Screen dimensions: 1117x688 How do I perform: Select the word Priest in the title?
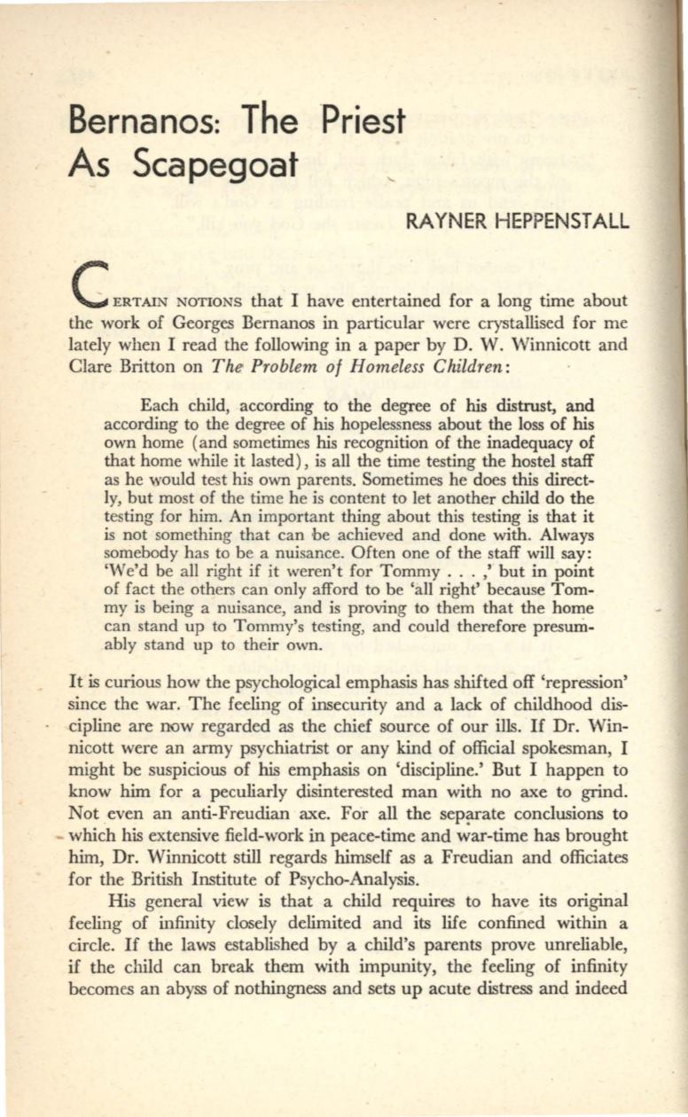358,120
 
